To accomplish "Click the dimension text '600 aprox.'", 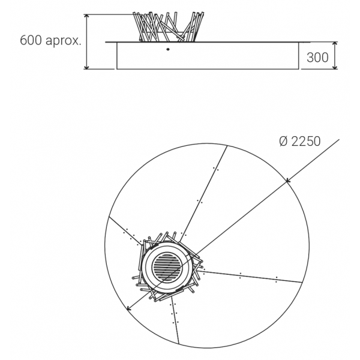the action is pyautogui.click(x=51, y=41).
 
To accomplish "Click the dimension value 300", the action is pyautogui.click(x=317, y=58).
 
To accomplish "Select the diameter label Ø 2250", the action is pyautogui.click(x=300, y=141).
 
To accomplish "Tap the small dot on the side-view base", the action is pyautogui.click(x=168, y=49).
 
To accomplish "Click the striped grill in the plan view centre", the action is pyautogui.click(x=167, y=266).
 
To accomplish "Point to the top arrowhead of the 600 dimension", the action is pyautogui.click(x=86, y=16).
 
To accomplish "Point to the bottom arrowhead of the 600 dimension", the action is pyautogui.click(x=86, y=67).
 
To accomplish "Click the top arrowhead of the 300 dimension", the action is pyautogui.click(x=335, y=43).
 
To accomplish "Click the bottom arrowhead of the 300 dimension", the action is pyautogui.click(x=335, y=67).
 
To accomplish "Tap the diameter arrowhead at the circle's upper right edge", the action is pyautogui.click(x=287, y=181).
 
